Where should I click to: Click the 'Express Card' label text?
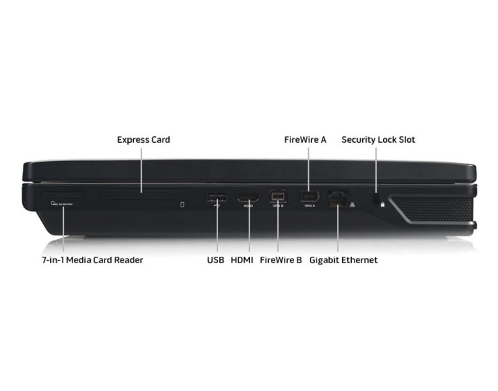pos(144,139)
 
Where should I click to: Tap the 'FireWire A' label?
pos(305,139)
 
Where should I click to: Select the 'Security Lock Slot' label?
pos(378,139)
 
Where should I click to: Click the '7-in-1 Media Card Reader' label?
pos(92,260)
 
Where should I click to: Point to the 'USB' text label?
pos(215,260)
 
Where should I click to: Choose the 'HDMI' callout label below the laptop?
pos(242,260)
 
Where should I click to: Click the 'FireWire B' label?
pos(281,260)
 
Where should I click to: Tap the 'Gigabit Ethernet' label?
pos(343,260)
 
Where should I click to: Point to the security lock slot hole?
pos(377,197)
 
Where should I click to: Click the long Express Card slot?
pos(143,194)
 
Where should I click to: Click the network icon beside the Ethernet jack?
pos(352,205)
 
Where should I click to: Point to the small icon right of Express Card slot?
pos(182,205)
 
